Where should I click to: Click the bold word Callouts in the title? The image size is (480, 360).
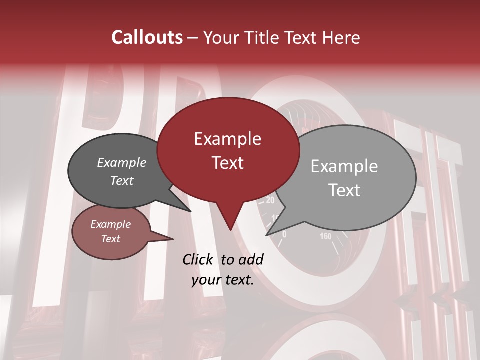tap(147, 37)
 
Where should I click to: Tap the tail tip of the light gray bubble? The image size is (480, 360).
tap(268, 234)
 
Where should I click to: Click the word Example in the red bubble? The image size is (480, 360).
tap(228, 138)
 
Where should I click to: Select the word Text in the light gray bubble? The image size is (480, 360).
tap(344, 190)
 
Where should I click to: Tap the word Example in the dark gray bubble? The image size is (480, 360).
tap(122, 162)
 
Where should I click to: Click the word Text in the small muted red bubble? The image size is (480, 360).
tap(111, 239)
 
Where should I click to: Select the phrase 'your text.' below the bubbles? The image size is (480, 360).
tap(223, 280)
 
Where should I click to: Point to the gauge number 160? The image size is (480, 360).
tap(325, 236)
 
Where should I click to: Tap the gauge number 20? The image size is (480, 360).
tap(270, 201)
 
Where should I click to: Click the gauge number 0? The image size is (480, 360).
tap(284, 234)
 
